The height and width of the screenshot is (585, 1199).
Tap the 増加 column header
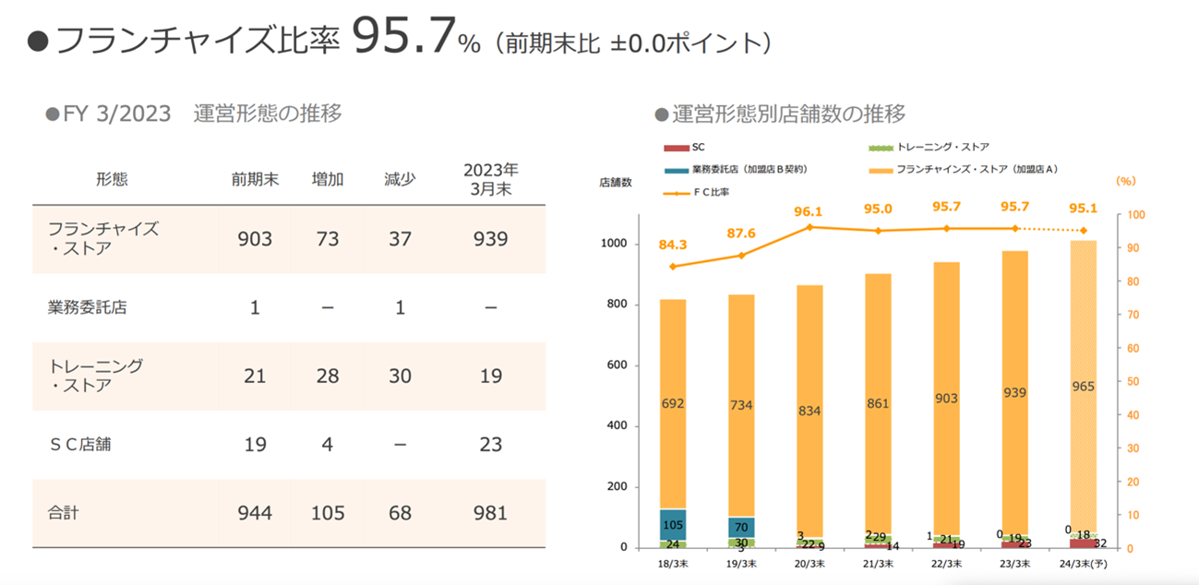pos(328,179)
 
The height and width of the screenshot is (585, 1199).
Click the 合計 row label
pos(63,512)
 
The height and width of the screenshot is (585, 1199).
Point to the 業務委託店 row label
pos(87,307)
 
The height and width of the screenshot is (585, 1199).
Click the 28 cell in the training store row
pos(328,376)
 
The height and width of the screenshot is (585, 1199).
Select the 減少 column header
pos(400,179)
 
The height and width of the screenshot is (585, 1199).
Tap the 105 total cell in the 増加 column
pos(328,512)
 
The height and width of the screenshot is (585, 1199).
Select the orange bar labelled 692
pos(673,403)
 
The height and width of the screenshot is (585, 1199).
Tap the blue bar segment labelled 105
pos(673,524)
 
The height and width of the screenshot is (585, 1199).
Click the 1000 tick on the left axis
pos(616,244)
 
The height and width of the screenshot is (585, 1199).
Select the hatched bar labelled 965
pos(1083,387)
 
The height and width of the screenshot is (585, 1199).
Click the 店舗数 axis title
pos(616,182)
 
